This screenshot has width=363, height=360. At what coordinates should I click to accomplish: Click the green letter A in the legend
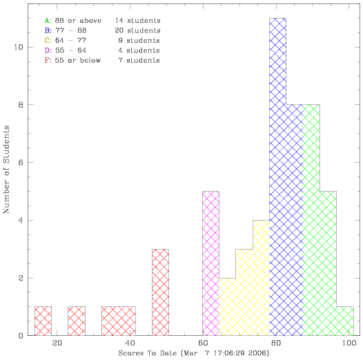(48, 21)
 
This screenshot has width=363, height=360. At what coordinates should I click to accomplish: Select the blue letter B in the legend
(48, 30)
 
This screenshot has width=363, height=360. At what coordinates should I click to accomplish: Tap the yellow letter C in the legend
(48, 41)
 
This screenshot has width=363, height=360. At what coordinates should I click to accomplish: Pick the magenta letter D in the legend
(48, 50)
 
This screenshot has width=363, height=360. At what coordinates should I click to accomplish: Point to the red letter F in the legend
(48, 61)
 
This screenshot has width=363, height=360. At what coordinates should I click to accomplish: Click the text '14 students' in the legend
(138, 21)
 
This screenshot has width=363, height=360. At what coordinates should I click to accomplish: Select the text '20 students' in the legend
(137, 30)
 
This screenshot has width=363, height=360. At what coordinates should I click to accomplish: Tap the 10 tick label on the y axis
(19, 47)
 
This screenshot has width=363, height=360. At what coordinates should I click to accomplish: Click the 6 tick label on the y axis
(21, 163)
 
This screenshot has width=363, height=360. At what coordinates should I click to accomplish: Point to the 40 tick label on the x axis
(130, 343)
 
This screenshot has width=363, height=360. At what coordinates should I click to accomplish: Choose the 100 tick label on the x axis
(349, 343)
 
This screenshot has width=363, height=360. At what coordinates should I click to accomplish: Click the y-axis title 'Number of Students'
(6, 170)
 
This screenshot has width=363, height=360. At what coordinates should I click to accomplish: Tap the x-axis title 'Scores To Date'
(148, 353)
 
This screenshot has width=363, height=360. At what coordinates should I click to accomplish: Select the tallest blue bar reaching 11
(278, 177)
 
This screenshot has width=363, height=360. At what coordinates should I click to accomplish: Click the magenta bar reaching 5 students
(210, 263)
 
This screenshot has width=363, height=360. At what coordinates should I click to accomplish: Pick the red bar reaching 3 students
(160, 292)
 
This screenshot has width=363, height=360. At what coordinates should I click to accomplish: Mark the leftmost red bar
(43, 321)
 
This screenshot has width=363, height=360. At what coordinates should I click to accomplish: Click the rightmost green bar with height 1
(345, 321)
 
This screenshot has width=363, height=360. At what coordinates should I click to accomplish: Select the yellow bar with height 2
(227, 307)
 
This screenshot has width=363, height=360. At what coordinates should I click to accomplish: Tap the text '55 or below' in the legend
(78, 61)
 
